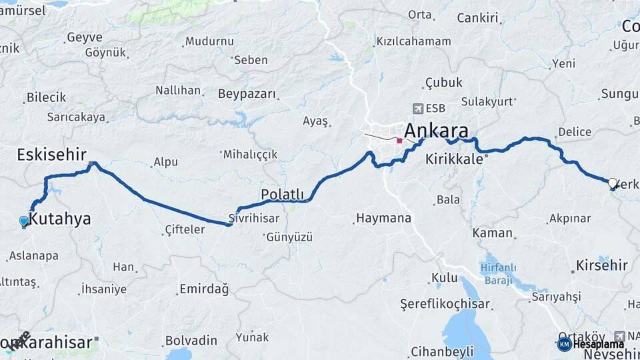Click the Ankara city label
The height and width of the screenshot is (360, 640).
click(436, 130)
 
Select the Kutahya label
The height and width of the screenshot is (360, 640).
click(60, 219)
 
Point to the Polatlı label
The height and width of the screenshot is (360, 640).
click(282, 195)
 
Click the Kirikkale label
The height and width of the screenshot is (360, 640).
click(455, 160)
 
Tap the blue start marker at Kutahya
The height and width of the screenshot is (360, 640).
click(24, 221)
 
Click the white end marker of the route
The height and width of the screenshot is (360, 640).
click(613, 182)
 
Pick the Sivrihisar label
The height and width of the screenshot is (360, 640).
click(253, 219)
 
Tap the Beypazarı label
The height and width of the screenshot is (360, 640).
click(247, 94)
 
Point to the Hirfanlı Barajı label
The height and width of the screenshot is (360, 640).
click(496, 274)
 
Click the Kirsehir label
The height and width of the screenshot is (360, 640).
click(600, 266)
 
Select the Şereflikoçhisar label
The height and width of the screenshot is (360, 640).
click(445, 304)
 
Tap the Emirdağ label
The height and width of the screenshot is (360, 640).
click(204, 289)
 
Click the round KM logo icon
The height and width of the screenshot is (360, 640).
click(564, 344)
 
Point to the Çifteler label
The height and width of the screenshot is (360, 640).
click(185, 230)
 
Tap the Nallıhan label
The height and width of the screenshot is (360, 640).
click(177, 90)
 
